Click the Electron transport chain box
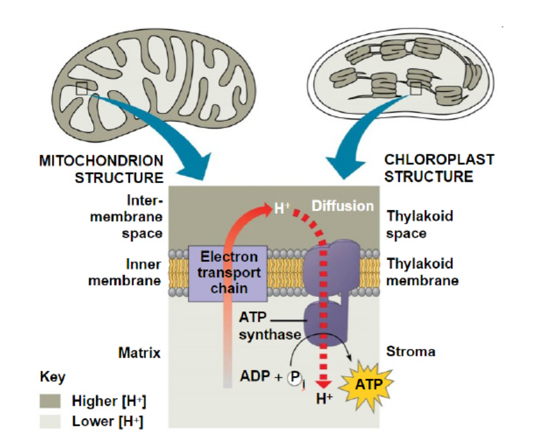tap(229, 273)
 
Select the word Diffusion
tap(342, 206)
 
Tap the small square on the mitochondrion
tap(82, 89)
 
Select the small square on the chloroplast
tap(415, 88)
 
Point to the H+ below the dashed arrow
tap(325, 399)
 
